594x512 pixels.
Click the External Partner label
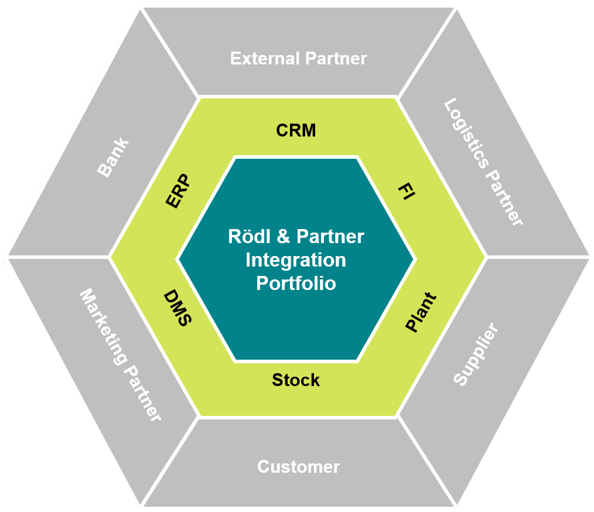tap(298, 59)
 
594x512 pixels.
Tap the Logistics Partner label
tap(483, 162)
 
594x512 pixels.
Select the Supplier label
tap(476, 354)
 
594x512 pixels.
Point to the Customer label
tap(298, 467)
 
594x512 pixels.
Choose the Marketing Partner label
tap(120, 354)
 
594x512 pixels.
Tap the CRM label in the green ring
tap(296, 130)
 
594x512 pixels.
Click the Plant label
tap(421, 313)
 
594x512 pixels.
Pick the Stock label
tap(296, 380)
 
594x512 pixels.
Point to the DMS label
tap(177, 308)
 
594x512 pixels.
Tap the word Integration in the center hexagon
tap(296, 260)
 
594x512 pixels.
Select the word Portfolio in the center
tap(296, 283)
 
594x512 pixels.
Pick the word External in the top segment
tap(261, 59)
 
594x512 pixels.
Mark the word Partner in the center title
tap(330, 237)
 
